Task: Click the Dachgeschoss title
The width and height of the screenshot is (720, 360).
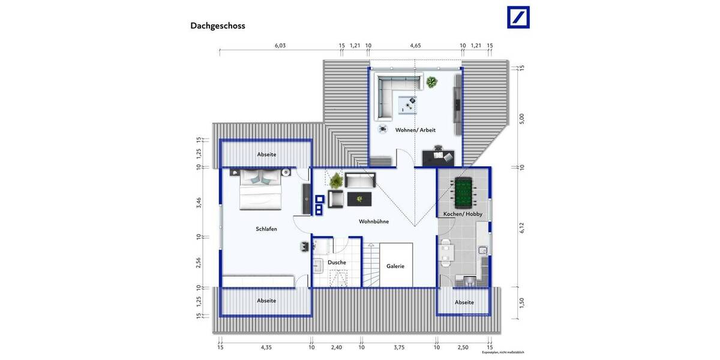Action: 218,26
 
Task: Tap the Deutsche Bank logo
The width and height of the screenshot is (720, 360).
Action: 518,17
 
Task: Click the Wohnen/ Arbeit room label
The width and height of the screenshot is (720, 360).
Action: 415,130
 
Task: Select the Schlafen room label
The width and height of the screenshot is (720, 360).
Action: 266,229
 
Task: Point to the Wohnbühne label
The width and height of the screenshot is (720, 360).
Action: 374,221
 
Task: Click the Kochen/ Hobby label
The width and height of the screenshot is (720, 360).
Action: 463,214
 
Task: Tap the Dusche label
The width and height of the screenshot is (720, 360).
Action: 337,263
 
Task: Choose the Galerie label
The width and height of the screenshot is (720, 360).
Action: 395,266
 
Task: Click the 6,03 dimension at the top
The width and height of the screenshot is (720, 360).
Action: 280,46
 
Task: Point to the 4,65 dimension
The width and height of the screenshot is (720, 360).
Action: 415,46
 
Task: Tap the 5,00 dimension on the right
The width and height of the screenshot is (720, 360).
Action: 521,118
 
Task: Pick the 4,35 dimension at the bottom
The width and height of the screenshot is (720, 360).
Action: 266,347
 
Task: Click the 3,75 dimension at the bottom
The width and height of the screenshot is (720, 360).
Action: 399,347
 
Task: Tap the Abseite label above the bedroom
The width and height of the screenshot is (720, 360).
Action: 266,154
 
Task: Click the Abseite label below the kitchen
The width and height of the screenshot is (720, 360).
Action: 464,302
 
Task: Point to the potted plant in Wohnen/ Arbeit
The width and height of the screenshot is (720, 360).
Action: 431,82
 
